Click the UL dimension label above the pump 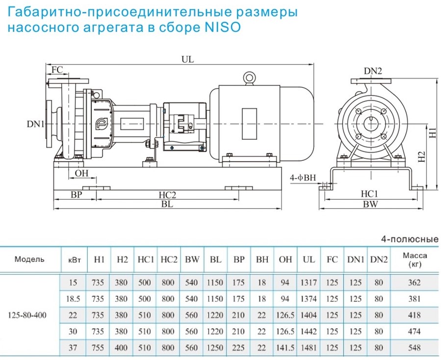(188, 59)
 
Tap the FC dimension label (57, 69)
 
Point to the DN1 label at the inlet (35, 124)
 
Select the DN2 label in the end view (372, 71)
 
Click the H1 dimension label (432, 132)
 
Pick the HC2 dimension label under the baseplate (167, 195)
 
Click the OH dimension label (81, 173)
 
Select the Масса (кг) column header (415, 259)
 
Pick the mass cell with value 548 (415, 348)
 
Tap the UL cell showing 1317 (309, 283)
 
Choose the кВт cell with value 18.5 (74, 299)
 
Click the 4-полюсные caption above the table (409, 240)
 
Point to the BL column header (215, 259)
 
